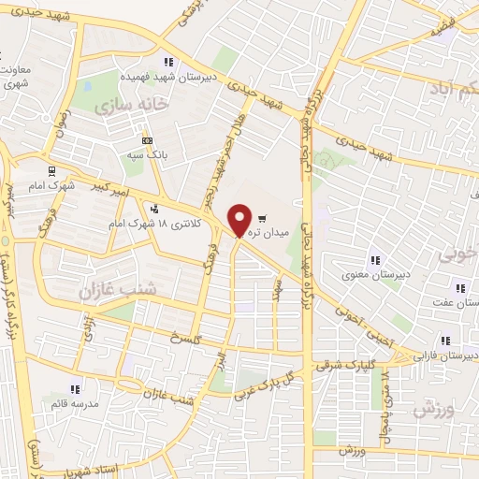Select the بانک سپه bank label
coord(151,155)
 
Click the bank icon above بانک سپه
coord(147,139)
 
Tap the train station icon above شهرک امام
coord(52,171)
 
